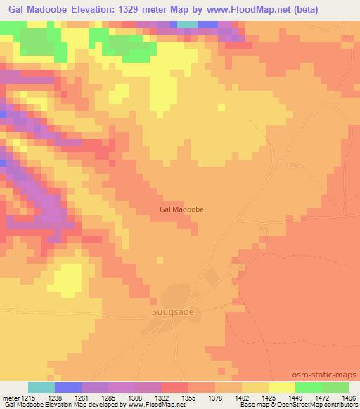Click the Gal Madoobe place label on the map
182,209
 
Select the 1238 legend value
56,396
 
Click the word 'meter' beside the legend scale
10,396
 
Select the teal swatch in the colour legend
41,387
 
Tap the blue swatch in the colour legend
68,387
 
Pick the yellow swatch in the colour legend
282,387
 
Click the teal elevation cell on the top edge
187,25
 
